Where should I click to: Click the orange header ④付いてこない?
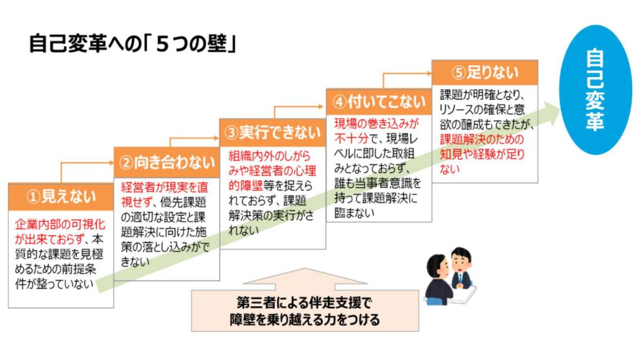tap(379, 101)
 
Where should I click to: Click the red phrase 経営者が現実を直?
tap(164, 188)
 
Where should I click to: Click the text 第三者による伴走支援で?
tap(304, 303)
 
